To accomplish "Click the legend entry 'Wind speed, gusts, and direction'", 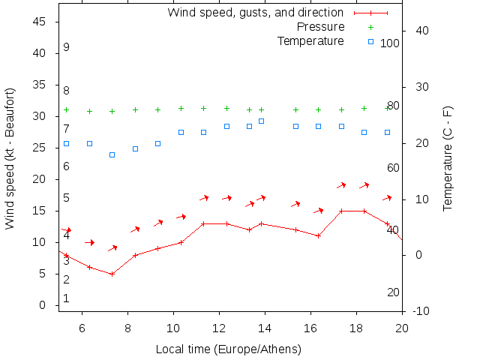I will tap(255, 13).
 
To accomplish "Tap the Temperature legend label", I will tap(310, 40).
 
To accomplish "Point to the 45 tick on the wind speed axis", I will tap(41, 22).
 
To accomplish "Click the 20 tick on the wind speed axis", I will tap(41, 179).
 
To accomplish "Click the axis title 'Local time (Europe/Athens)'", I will tap(228, 349).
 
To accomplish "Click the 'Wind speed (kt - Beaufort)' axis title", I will tap(11, 157).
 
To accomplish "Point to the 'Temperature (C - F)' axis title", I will tap(448, 157).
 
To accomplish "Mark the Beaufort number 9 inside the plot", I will tap(67, 47).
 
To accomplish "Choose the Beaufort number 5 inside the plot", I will tap(67, 198).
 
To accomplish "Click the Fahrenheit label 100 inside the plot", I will tap(390, 43).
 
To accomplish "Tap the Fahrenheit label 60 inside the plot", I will tap(393, 168).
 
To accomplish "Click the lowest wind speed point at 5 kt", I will tap(112, 274).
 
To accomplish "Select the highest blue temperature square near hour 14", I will tap(261, 121).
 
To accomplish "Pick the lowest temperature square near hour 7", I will tap(112, 154).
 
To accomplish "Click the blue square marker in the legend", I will tap(370, 41).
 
